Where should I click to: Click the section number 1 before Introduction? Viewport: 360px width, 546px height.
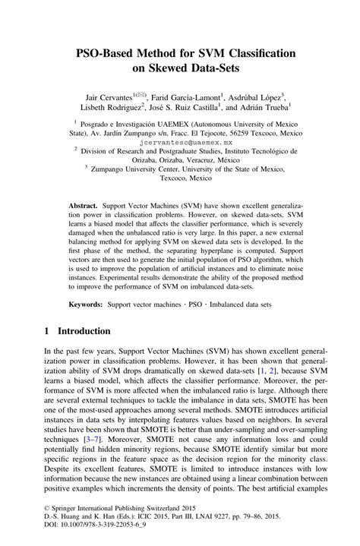click(46, 332)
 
